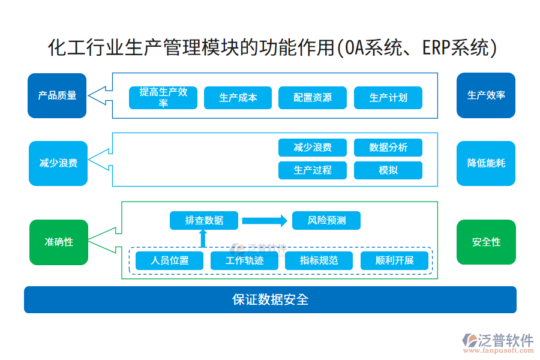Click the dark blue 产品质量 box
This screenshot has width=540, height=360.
click(x=57, y=95)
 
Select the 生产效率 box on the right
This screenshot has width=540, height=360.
click(x=486, y=95)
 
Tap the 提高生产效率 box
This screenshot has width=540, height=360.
click(x=163, y=98)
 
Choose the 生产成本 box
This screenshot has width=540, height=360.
click(x=238, y=98)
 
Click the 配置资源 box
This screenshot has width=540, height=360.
click(x=313, y=98)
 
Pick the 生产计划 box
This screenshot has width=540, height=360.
click(x=388, y=98)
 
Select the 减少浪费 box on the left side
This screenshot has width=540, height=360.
click(x=58, y=163)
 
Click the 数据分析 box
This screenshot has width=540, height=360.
click(x=388, y=148)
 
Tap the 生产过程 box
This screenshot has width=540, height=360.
click(x=313, y=170)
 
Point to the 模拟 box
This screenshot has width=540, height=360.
click(x=388, y=170)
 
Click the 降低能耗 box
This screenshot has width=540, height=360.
click(x=486, y=163)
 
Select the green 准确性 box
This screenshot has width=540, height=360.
click(x=59, y=242)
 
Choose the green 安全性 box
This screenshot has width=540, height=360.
click(x=486, y=242)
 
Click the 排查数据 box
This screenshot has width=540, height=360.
click(x=204, y=221)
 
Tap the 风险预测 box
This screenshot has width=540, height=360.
click(x=327, y=221)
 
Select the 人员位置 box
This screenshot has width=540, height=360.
click(x=170, y=261)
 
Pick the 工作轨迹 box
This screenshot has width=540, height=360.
click(x=245, y=261)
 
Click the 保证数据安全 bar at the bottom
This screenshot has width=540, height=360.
click(x=270, y=299)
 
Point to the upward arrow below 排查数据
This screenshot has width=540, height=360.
click(x=203, y=239)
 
